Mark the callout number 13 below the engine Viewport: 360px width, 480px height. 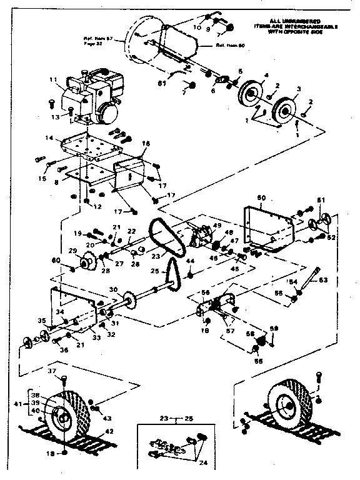[55, 116]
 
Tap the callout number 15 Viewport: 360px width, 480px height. [42, 179]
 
